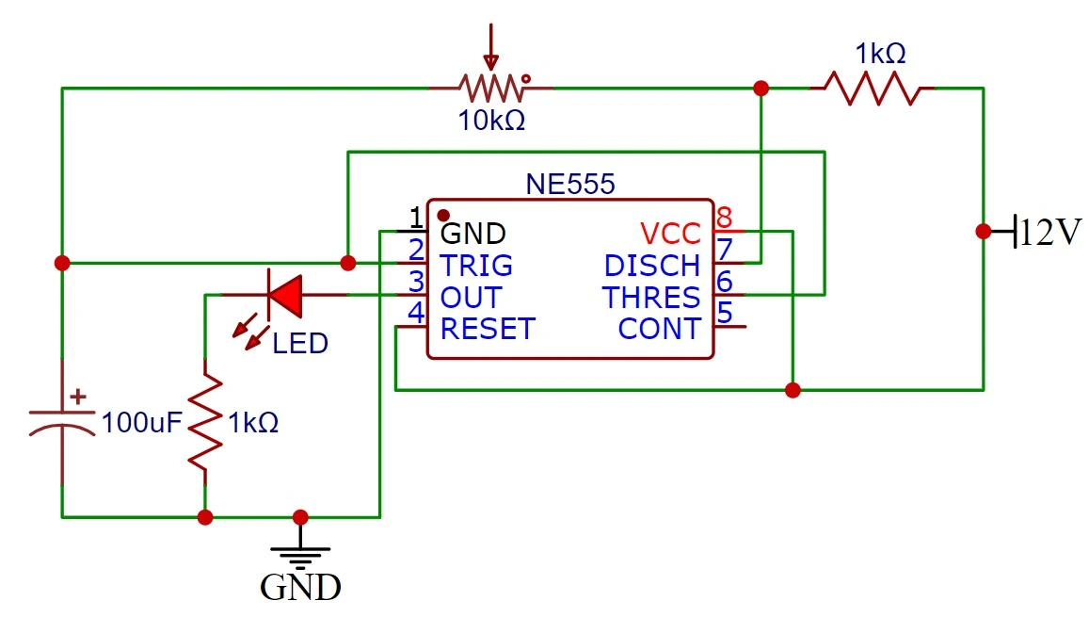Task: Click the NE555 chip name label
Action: click(x=569, y=184)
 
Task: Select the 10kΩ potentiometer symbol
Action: click(x=491, y=89)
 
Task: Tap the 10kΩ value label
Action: click(x=491, y=122)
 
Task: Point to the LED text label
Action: click(x=300, y=344)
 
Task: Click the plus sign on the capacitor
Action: click(x=79, y=398)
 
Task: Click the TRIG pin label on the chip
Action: click(x=476, y=265)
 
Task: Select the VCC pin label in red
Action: click(x=670, y=233)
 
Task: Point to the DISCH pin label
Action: click(x=651, y=265)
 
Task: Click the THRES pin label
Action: click(x=651, y=298)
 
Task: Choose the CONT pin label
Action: click(x=659, y=330)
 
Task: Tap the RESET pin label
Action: click(x=488, y=330)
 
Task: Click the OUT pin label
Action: click(x=471, y=298)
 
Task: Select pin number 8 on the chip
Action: click(x=724, y=217)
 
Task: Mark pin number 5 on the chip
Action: click(x=724, y=313)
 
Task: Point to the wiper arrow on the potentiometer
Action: click(x=489, y=47)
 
